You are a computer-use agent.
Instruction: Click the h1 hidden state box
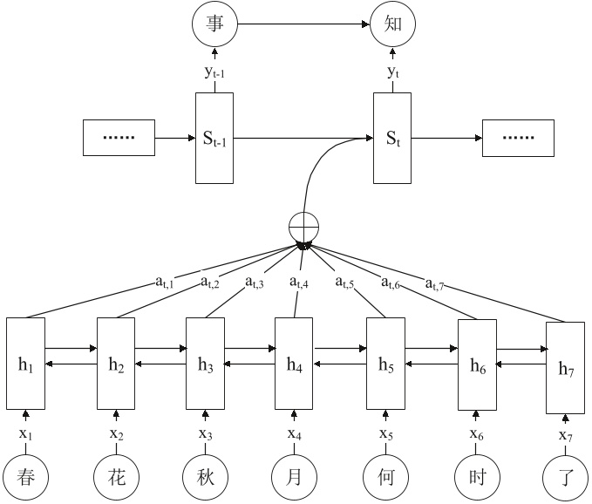25,365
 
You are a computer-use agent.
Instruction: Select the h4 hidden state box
294,365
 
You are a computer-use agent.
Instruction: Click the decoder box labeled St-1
214,138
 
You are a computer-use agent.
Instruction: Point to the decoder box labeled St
391,138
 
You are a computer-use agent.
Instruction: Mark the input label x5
384,433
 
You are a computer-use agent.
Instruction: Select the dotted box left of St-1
118,138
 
